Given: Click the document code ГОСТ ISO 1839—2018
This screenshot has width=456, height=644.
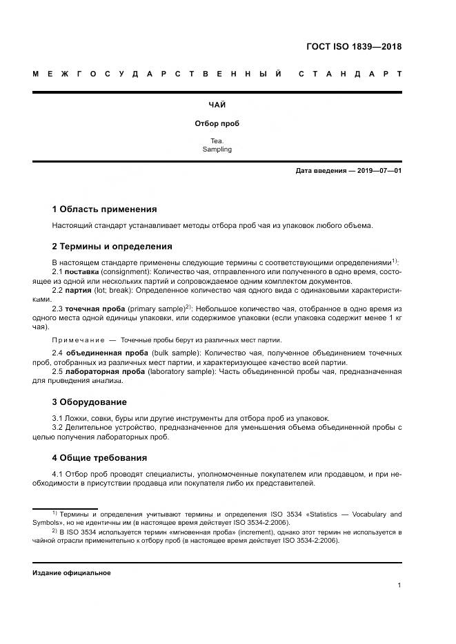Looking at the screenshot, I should [354, 48].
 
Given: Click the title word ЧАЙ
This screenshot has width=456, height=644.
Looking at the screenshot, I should [217, 105].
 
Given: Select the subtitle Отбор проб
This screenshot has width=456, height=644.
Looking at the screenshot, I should [217, 124].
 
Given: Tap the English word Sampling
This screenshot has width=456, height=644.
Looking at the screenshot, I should [217, 149].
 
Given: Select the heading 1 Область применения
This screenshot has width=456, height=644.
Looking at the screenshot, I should [104, 209].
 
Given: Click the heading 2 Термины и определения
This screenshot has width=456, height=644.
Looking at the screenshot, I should [112, 246].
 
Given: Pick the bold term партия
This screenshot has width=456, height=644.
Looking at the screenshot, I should [79, 291].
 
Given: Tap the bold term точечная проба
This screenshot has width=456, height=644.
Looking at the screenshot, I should [96, 310].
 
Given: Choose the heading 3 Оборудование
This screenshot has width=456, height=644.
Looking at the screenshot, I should [89, 402].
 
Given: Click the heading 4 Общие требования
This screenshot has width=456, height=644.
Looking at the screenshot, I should [99, 457].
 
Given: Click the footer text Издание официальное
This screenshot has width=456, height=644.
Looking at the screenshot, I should [72, 573].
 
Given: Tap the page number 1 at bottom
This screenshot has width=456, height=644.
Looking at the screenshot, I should [399, 585].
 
